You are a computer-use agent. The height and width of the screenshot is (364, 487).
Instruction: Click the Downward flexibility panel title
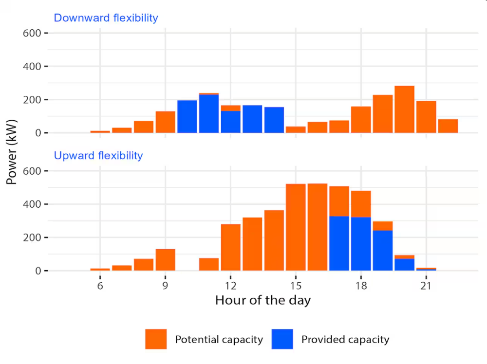pos(106,18)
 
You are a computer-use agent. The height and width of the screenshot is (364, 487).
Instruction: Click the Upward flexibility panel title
pos(98,156)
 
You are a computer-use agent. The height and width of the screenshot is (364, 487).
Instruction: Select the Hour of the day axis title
pos(262,300)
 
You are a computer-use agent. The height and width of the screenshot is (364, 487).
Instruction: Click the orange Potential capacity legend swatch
pos(156,339)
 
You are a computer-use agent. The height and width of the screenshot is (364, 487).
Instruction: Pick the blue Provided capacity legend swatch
pos(282,339)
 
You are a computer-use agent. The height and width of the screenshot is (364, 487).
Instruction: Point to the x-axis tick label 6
pos(100,286)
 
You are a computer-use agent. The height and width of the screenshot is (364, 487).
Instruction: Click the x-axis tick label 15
pos(296,286)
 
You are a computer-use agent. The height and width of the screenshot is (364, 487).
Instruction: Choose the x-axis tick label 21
pos(426,286)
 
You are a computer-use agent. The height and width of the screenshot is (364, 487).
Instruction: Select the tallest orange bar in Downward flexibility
pos(404,109)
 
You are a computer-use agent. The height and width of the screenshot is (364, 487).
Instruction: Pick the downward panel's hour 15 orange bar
pos(296,129)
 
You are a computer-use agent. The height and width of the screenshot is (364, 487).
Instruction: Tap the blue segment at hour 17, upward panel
pos(339,243)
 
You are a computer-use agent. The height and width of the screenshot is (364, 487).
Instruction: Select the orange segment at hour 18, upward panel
pos(361,204)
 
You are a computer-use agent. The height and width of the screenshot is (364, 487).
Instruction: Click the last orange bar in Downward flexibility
pos(448,126)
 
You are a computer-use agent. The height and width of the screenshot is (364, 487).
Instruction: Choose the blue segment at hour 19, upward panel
pos(383,250)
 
